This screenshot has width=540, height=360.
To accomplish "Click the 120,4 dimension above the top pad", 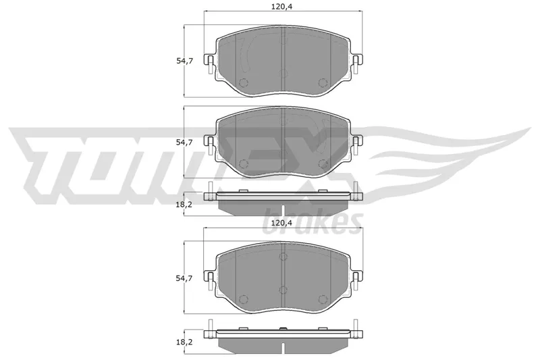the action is pyautogui.click(x=281, y=7).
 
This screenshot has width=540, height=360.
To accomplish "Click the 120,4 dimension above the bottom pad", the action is pyautogui.click(x=281, y=222).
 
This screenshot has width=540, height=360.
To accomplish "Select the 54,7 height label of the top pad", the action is pyautogui.click(x=184, y=61).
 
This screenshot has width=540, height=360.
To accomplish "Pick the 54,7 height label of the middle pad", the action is pyautogui.click(x=184, y=143).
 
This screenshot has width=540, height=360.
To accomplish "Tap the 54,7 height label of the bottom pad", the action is pyautogui.click(x=184, y=278).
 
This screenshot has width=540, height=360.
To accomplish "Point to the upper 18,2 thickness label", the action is pyautogui.click(x=184, y=205).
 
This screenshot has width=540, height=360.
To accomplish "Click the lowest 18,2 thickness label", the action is pyautogui.click(x=184, y=342).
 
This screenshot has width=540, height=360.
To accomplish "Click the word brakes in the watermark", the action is pyautogui.click(x=313, y=222).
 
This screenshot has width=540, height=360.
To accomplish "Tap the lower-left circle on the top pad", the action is pyautogui.click(x=244, y=83).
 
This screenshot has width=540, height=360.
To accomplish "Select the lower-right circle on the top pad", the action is pyautogui.click(x=323, y=82).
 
